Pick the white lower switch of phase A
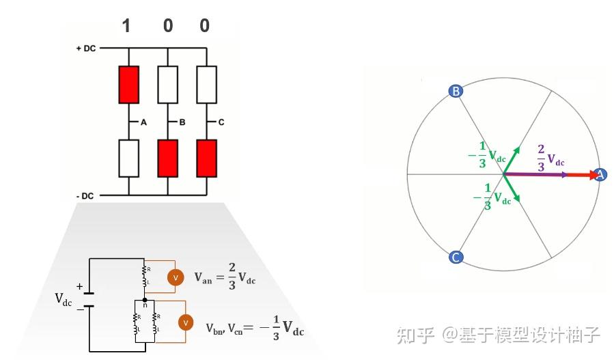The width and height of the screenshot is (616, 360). coord(128,158)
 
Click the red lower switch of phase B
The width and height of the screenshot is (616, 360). coord(167,158)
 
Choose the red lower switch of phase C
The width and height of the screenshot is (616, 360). coord(206,158)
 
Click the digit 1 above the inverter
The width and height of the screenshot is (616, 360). coord(126,27)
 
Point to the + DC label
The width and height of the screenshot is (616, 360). coord(86,49)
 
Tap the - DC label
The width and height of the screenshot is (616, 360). coord(85,197)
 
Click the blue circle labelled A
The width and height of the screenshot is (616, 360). coord(600,175)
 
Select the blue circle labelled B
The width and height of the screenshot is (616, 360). coord(456,91)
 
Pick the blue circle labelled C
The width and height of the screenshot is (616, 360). coord(456,258)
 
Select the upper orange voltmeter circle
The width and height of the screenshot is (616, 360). coord(175,278)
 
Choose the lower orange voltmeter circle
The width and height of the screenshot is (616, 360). coord(184,323)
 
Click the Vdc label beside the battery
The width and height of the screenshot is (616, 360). coord(63,299)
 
